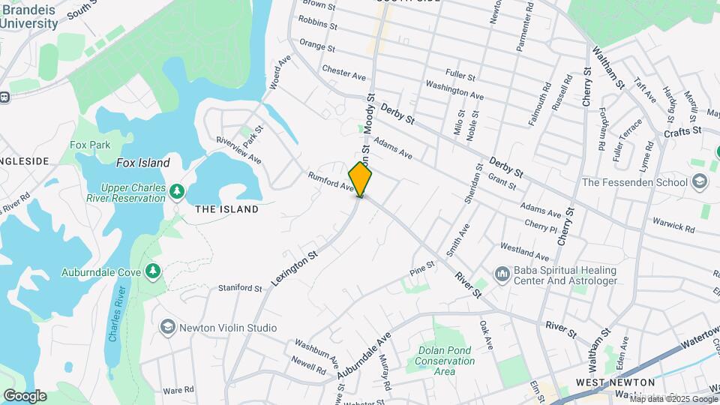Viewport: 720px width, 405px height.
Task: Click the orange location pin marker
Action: click(x=360, y=179)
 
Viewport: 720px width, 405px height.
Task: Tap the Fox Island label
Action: click(x=142, y=163)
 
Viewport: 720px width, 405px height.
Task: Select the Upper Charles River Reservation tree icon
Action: click(x=176, y=191)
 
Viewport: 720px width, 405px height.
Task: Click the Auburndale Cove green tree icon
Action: click(x=153, y=270)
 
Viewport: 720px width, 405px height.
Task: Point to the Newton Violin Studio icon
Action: click(x=167, y=327)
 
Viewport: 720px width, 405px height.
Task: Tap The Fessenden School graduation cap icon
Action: click(x=700, y=181)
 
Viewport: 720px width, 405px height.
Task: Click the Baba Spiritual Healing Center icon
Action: click(x=502, y=275)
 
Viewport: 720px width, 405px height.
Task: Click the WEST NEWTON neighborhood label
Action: click(x=606, y=382)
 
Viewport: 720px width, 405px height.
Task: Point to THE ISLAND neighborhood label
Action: click(x=226, y=209)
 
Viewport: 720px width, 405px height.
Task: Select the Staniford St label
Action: click(x=240, y=288)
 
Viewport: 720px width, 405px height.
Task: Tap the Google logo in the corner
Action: click(x=25, y=395)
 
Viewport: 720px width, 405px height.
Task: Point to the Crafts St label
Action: click(x=682, y=131)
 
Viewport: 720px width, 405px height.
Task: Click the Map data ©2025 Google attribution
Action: click(x=674, y=399)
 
